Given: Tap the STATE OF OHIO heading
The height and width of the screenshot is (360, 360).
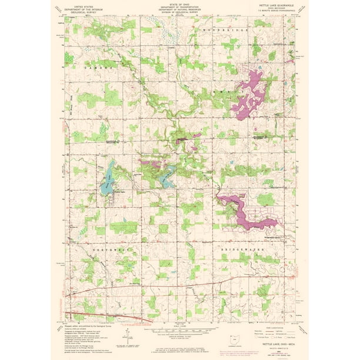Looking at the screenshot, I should coord(179,4).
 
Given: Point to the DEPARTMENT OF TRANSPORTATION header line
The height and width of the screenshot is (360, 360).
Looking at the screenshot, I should coord(179,6).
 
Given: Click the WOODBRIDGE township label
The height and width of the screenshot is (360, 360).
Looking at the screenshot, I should coord(219,29).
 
